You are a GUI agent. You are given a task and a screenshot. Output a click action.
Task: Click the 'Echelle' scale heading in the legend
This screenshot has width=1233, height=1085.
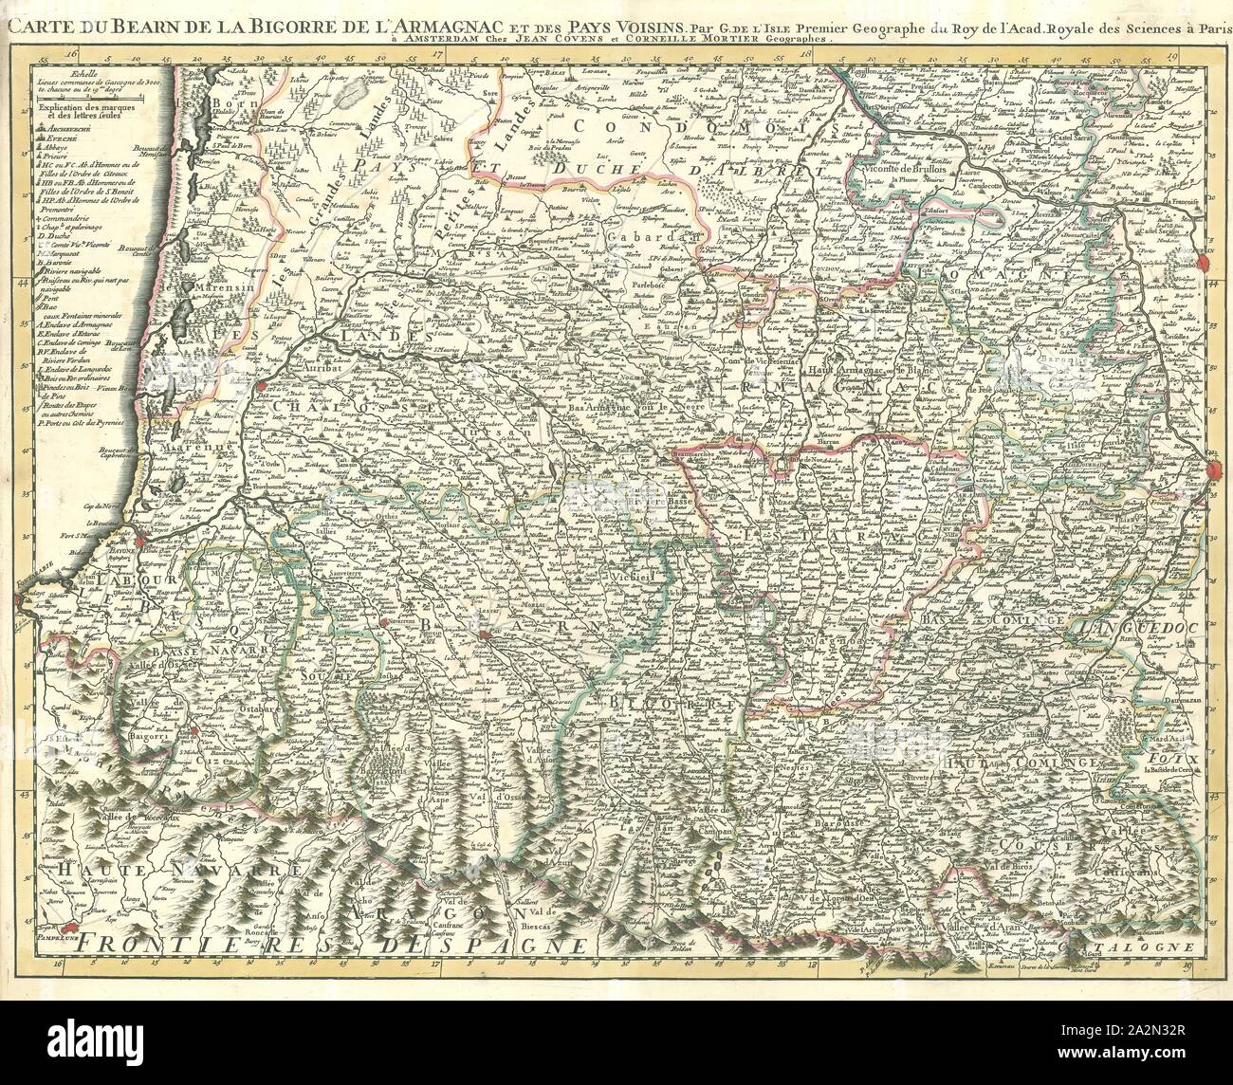69,73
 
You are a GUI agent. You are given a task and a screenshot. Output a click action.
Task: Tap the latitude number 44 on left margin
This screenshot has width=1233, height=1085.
22,283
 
